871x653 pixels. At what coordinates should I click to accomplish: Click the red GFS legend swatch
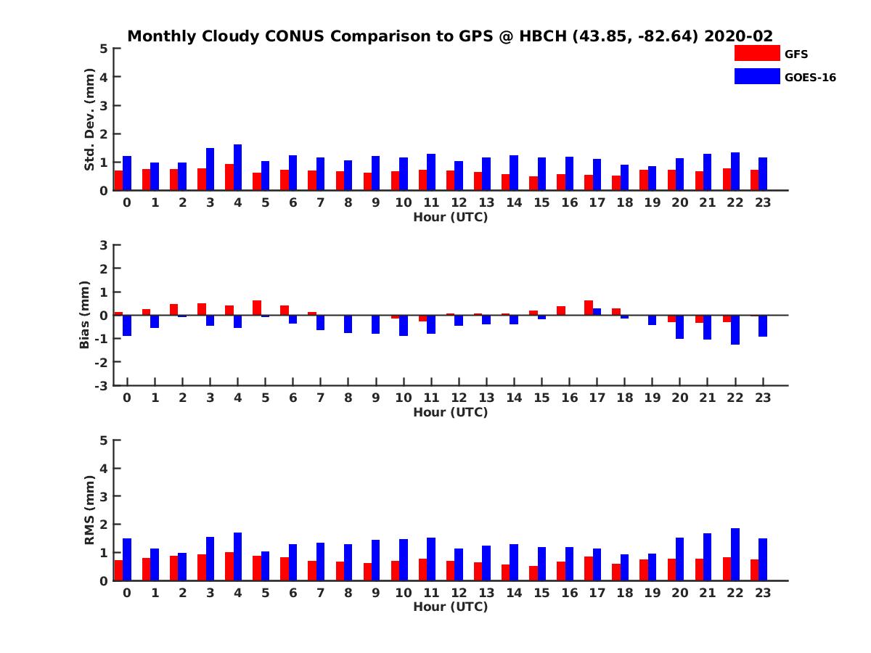pyautogui.click(x=756, y=53)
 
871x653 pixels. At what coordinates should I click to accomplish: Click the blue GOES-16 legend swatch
pyautogui.click(x=756, y=76)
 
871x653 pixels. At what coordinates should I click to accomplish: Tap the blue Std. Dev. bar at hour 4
pyautogui.click(x=237, y=168)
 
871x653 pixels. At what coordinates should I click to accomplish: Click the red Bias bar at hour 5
pyautogui.click(x=257, y=308)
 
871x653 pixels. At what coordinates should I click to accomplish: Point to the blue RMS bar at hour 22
pyautogui.click(x=735, y=554)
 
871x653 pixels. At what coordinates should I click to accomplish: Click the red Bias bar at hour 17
pyautogui.click(x=589, y=308)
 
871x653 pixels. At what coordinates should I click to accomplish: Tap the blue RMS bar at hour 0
pyautogui.click(x=127, y=559)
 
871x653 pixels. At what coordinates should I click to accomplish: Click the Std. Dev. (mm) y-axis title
pyautogui.click(x=90, y=120)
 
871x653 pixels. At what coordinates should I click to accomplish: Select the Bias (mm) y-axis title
pyautogui.click(x=85, y=315)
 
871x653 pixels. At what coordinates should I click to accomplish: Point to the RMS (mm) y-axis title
pyautogui.click(x=90, y=510)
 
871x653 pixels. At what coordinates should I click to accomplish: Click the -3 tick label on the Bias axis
pyautogui.click(x=102, y=385)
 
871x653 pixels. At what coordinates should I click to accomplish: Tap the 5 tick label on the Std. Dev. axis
pyautogui.click(x=105, y=49)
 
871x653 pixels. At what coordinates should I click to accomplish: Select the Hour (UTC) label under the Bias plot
pyautogui.click(x=450, y=412)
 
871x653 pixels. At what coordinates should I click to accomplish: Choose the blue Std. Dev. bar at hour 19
pyautogui.click(x=652, y=178)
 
